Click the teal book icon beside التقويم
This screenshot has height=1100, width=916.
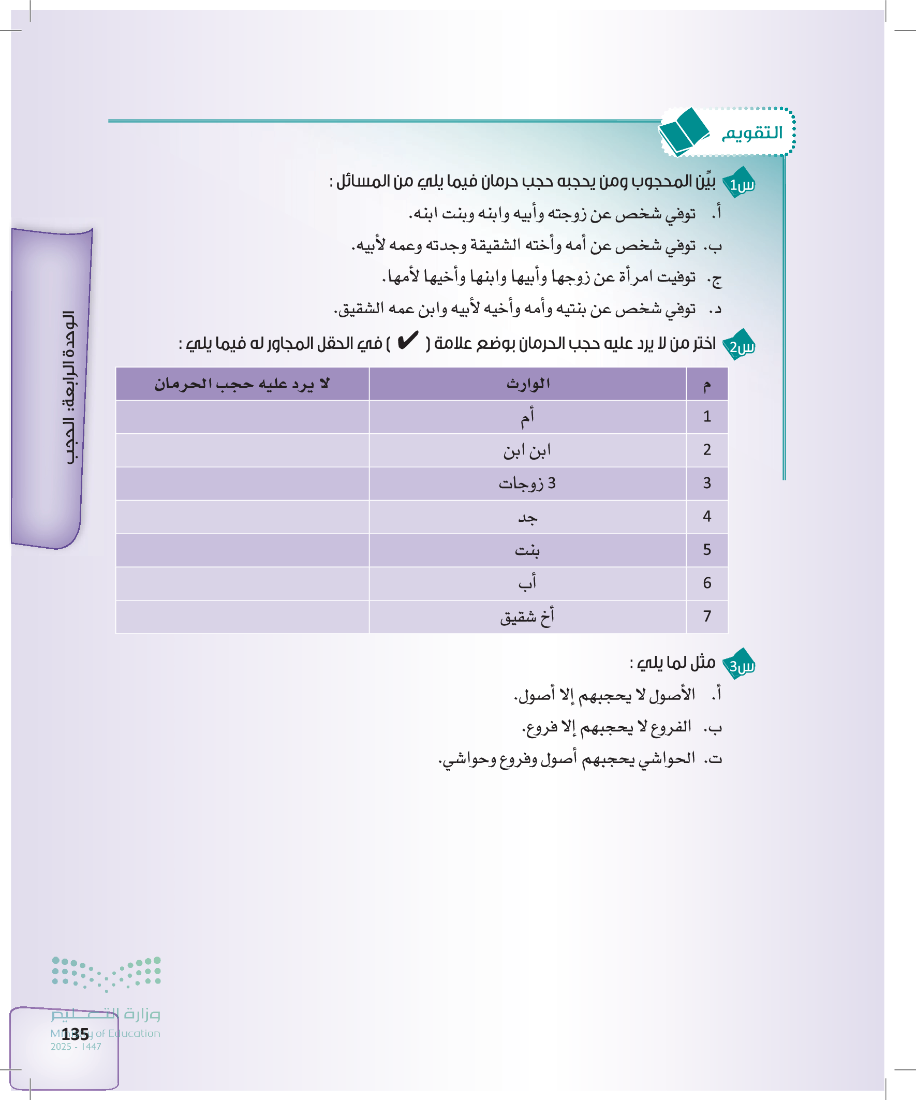684,131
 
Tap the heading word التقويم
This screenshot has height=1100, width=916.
752,133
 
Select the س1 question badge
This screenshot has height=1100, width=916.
740,184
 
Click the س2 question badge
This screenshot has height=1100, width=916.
740,346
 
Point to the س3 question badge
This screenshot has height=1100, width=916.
740,665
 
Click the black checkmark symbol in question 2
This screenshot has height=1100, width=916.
407,341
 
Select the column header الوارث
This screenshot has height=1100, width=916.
527,384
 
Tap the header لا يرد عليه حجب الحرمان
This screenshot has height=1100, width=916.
242,384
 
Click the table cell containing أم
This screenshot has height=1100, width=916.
527,417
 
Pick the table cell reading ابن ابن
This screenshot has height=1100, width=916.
527,450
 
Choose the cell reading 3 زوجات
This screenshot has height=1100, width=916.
527,483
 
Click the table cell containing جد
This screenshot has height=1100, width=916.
527,517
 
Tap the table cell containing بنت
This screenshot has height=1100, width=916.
527,550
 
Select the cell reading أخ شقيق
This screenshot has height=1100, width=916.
527,617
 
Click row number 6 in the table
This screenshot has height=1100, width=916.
706,583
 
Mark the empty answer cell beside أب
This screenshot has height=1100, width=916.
242,583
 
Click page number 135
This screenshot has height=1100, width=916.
75,1034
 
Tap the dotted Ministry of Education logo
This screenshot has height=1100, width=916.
106,974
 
